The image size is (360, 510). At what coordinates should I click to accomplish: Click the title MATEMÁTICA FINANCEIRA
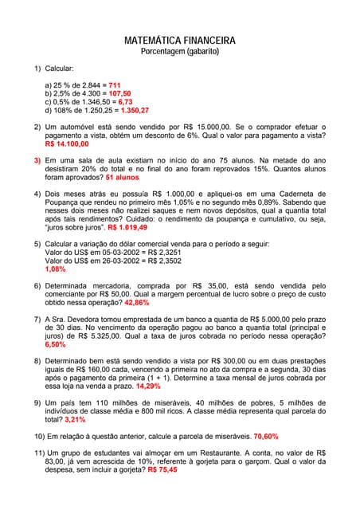point(180,40)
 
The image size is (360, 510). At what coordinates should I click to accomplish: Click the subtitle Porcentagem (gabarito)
point(180,51)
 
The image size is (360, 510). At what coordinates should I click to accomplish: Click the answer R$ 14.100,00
point(67,143)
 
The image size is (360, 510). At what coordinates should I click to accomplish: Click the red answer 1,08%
point(55,269)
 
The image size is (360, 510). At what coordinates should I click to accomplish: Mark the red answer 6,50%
point(55,345)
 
